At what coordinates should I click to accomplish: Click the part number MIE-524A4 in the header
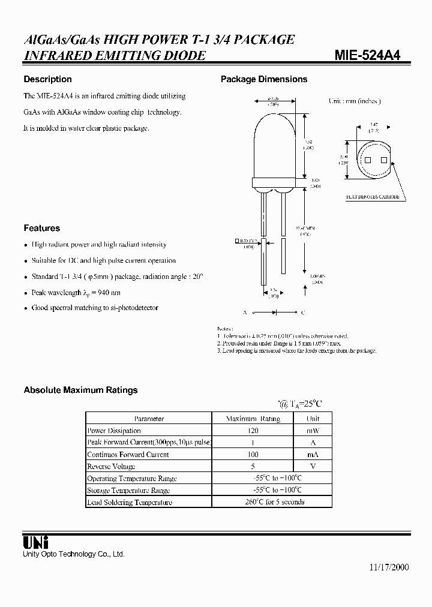tap(367, 56)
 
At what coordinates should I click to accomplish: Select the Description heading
tap(47, 79)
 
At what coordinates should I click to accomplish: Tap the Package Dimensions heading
tap(264, 79)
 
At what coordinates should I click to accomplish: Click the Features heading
tap(42, 228)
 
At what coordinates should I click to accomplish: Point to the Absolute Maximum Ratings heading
tap(80, 390)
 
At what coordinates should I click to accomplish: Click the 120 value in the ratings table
tap(253, 431)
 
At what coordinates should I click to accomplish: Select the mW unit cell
tap(313, 431)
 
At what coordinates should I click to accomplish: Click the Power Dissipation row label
tap(114, 431)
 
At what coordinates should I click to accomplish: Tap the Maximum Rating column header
tap(253, 419)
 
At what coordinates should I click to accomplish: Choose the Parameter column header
tap(149, 419)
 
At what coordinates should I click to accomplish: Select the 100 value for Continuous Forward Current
tap(253, 455)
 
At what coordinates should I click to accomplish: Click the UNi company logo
tap(36, 542)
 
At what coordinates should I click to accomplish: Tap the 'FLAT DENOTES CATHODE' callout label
tap(372, 197)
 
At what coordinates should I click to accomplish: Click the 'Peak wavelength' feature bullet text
tap(76, 293)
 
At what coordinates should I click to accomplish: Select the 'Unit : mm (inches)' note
tap(355, 101)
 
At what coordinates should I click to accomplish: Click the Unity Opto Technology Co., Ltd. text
tap(74, 554)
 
